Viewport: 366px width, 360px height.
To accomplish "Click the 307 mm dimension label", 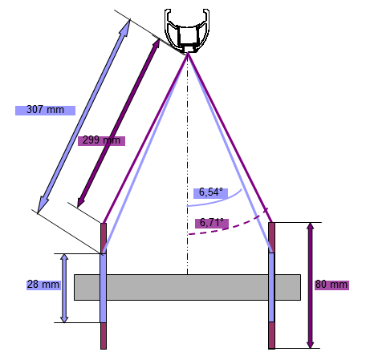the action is (45, 110).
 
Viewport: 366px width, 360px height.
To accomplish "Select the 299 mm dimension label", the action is (101, 140).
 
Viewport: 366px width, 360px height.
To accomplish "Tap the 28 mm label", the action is (43, 285).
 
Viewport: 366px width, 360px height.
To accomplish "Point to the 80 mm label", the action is (331, 285).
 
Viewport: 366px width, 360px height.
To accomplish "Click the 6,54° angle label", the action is (211, 192).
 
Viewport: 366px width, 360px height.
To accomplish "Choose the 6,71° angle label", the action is (212, 223).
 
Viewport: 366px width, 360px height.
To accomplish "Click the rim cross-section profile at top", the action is (187, 30).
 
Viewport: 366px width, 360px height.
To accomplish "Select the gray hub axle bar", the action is (187, 287).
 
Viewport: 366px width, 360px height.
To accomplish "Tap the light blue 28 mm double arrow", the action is (64, 288).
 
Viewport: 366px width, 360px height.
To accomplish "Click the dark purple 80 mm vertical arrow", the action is (310, 285).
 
